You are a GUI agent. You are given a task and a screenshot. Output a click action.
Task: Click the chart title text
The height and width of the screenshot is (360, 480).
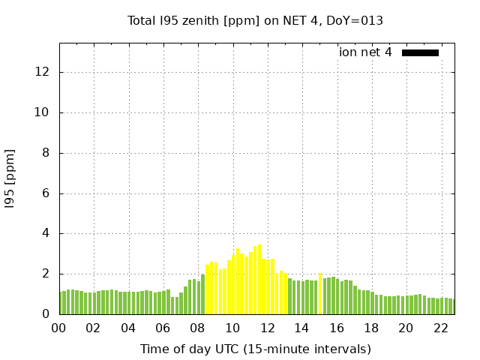click(x=255, y=20)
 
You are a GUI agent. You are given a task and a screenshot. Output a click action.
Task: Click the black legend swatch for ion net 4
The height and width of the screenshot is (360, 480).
click(x=420, y=52)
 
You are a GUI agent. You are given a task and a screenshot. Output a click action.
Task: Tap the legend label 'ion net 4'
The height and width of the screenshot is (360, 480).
click(x=365, y=52)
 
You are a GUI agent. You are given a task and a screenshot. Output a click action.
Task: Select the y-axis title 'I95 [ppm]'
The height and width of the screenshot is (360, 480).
click(x=10, y=178)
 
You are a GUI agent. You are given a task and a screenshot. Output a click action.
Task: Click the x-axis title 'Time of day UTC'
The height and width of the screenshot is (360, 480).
click(x=255, y=349)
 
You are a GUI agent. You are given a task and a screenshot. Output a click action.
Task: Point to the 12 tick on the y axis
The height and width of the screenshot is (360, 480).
click(x=43, y=73)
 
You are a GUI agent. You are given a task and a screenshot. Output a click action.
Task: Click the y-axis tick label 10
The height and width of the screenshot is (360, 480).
click(x=43, y=113)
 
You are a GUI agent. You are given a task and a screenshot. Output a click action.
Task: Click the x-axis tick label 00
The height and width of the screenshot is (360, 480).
click(x=59, y=328)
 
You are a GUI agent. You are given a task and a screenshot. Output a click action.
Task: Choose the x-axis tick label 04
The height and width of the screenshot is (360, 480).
click(x=128, y=328)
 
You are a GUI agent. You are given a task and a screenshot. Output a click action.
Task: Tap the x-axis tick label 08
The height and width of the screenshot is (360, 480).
click(x=198, y=328)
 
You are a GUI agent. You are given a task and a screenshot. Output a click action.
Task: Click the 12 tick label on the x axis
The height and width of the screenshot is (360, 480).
click(x=267, y=328)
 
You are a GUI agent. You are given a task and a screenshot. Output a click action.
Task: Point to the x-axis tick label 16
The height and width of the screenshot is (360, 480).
click(x=337, y=328)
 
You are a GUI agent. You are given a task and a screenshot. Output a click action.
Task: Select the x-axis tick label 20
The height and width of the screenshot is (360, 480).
click(x=406, y=328)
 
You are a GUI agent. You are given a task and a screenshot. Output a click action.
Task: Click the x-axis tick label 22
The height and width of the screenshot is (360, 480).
click(x=440, y=328)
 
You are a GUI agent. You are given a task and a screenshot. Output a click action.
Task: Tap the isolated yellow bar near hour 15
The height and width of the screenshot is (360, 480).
click(x=320, y=293)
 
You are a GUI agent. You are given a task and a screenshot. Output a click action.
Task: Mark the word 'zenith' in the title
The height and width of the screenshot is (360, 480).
click(x=196, y=20)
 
